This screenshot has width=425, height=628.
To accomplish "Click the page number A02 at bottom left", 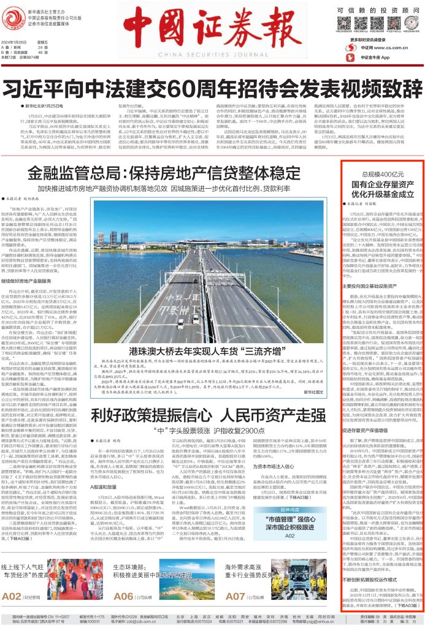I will (13, 595).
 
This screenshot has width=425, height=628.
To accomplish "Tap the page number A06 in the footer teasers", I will (123, 595).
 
